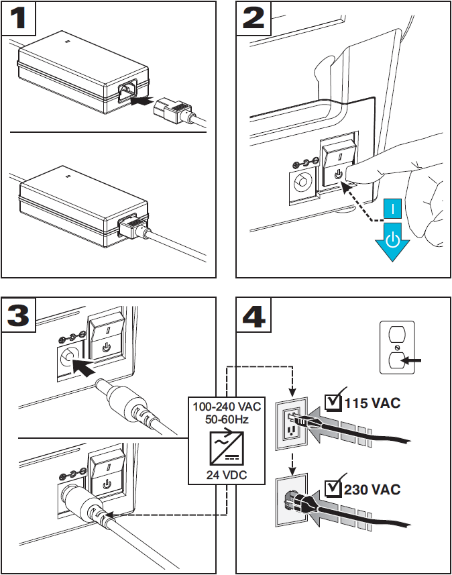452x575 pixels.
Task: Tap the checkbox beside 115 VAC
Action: click(x=332, y=403)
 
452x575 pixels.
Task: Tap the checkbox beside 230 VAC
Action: click(x=332, y=488)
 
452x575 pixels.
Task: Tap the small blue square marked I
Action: click(x=394, y=209)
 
